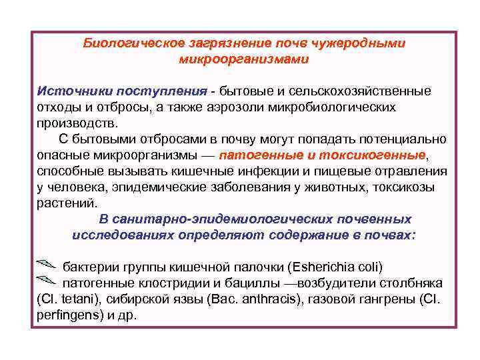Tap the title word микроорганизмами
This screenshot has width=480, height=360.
coord(244,59)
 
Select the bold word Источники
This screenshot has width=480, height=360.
coord(74,91)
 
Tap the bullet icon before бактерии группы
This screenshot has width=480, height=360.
coord(46,265)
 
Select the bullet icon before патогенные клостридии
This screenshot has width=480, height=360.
coord(46,281)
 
